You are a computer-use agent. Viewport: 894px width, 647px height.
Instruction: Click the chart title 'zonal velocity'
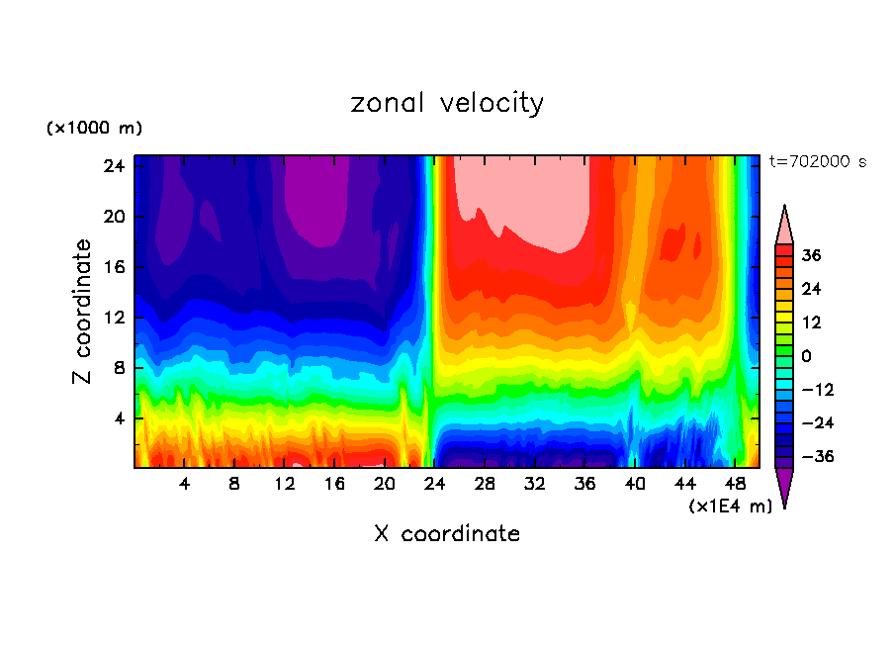point(447,103)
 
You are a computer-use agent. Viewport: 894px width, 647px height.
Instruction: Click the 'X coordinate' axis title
point(447,534)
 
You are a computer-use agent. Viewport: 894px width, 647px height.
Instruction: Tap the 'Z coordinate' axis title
point(83,312)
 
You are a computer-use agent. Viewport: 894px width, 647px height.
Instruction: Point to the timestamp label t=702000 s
point(817,162)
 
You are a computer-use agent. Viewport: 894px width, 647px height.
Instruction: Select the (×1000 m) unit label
point(94,129)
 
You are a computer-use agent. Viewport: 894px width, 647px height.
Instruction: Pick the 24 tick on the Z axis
point(116,165)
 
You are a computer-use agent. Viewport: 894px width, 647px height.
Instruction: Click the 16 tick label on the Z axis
point(116,267)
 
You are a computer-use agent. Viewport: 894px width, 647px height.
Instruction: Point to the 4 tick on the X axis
point(184,485)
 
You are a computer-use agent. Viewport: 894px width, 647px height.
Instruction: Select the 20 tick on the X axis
point(385,485)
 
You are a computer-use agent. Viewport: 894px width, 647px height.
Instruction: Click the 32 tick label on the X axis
point(535,485)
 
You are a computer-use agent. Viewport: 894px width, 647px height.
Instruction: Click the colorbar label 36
point(811,255)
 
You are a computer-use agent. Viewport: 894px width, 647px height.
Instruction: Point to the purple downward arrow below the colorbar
point(784,487)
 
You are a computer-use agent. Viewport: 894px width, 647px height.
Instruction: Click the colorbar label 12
point(811,323)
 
